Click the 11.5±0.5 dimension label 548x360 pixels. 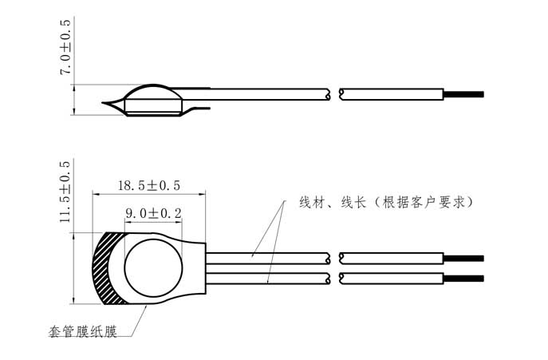coord(65,192)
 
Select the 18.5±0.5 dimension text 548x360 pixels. coord(149,185)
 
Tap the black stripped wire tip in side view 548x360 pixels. coord(464,94)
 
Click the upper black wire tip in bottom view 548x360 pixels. coord(464,258)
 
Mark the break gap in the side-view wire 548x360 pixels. coord(335,94)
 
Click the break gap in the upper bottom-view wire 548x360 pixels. coord(335,258)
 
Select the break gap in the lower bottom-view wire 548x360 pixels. coord(335,278)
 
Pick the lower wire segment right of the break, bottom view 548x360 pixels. coord(391,278)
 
